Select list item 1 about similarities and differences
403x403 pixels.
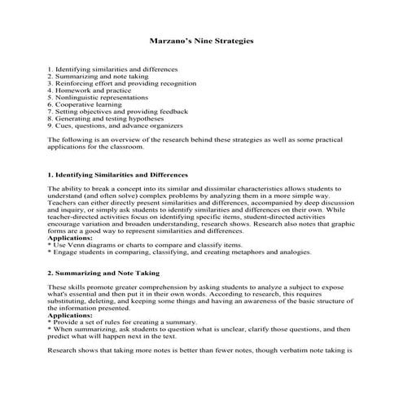pos(111,68)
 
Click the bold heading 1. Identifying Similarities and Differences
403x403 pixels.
pos(118,174)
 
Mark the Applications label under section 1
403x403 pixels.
pos(72,237)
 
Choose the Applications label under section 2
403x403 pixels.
pos(72,314)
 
